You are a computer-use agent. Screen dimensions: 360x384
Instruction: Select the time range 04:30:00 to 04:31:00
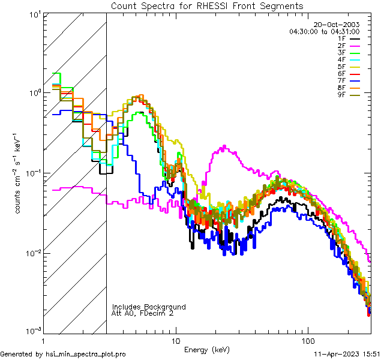click(x=324, y=31)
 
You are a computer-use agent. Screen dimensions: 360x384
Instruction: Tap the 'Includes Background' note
click(x=149, y=307)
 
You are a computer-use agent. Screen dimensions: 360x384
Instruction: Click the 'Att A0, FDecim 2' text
click(x=143, y=313)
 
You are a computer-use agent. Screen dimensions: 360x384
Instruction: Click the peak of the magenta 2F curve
click(x=224, y=146)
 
